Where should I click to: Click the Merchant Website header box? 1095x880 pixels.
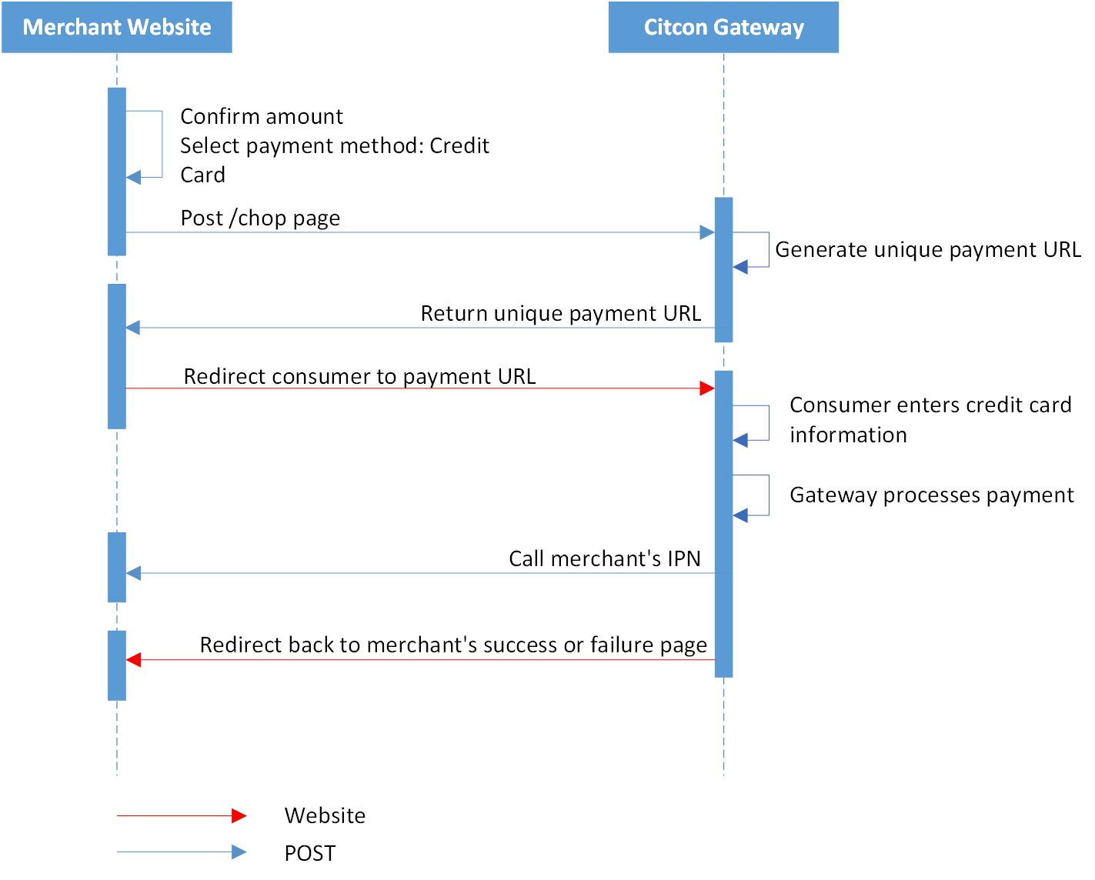coord(117,27)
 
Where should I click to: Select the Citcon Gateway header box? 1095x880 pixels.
coord(723,27)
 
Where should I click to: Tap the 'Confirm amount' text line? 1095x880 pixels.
coord(262,117)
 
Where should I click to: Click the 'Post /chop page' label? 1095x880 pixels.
coord(260,218)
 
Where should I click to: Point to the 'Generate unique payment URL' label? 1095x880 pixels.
coord(928,250)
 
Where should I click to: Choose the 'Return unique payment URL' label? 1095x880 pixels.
coord(561,313)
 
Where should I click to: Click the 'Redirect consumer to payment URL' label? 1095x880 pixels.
coord(360,376)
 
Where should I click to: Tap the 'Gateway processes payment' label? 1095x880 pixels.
coord(932,495)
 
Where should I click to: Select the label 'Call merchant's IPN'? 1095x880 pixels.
coord(605,558)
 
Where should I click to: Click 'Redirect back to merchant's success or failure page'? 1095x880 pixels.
coord(453,645)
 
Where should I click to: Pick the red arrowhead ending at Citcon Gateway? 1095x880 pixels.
coord(707,388)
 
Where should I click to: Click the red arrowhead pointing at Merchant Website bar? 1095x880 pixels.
coord(133,660)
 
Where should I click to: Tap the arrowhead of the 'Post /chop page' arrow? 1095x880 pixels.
coord(707,232)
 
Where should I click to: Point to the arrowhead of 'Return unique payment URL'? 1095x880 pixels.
coord(133,328)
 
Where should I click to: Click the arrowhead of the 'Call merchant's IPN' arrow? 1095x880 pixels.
coord(133,573)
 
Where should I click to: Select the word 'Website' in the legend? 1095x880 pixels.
coord(325,816)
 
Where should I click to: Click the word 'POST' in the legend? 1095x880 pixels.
coord(310,854)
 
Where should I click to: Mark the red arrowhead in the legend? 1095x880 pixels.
coord(239,816)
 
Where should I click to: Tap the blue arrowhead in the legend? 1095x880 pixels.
coord(239,852)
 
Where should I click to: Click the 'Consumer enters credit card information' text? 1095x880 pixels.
coord(930,420)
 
